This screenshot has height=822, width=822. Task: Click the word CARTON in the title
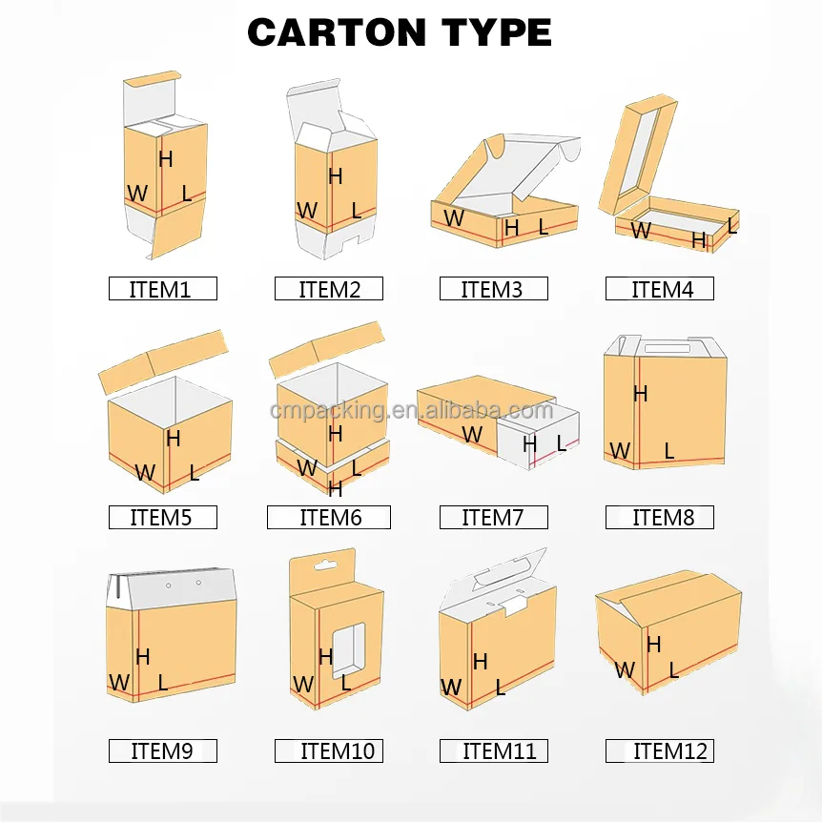[334, 33]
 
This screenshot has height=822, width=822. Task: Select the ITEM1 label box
[162, 289]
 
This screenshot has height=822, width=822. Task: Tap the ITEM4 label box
[660, 289]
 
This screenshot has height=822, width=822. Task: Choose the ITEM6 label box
[328, 518]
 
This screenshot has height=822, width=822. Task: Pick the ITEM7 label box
[493, 518]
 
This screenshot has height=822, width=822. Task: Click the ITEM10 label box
[328, 750]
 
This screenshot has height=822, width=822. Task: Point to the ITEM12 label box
[660, 750]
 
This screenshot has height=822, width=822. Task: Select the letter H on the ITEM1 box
[166, 159]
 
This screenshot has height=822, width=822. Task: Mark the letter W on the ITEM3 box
[454, 218]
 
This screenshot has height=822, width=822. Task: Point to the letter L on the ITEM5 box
[195, 472]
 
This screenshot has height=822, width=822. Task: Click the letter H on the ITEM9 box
[143, 656]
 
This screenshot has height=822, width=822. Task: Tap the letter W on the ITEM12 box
[625, 670]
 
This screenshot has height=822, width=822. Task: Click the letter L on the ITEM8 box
[669, 451]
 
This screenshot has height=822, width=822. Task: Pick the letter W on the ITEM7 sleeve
[472, 435]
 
